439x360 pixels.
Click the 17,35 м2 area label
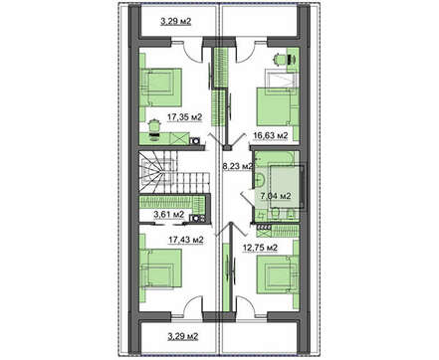coord(184,117)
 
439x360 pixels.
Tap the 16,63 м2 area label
coord(270,135)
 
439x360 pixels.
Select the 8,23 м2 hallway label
coord(237,166)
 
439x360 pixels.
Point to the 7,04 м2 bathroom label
coord(276,196)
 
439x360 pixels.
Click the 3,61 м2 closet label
coord(168,215)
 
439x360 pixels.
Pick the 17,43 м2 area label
coord(186,240)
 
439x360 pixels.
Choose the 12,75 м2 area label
coord(261,248)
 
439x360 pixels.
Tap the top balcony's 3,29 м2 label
coord(176,22)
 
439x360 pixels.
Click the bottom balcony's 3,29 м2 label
coord(183,337)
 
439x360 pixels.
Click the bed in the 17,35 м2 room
coord(161,88)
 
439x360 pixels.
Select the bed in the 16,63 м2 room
coord(277,106)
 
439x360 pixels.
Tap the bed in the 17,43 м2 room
coord(161,269)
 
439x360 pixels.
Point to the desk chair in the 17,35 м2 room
coord(154,126)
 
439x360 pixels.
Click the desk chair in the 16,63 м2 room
coord(280,59)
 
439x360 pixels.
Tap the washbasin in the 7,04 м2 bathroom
coord(260,179)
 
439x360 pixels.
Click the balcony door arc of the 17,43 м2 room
coord(192,302)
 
